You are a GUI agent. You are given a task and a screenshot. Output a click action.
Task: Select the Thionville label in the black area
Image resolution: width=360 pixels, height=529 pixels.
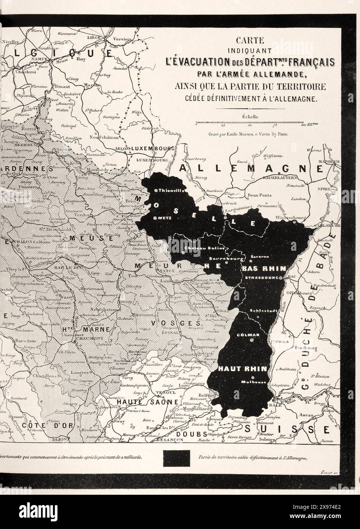pos(170,190)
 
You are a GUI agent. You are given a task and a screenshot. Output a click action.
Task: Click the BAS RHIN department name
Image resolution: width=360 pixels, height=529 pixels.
pos(263,268)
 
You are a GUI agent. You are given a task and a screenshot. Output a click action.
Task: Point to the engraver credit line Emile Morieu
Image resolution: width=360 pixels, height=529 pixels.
pos(248,134)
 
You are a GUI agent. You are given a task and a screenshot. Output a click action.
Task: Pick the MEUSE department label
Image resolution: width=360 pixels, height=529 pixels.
pos(91,238)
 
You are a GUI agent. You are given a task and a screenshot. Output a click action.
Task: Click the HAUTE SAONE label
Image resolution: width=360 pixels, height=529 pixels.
pos(142,402)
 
